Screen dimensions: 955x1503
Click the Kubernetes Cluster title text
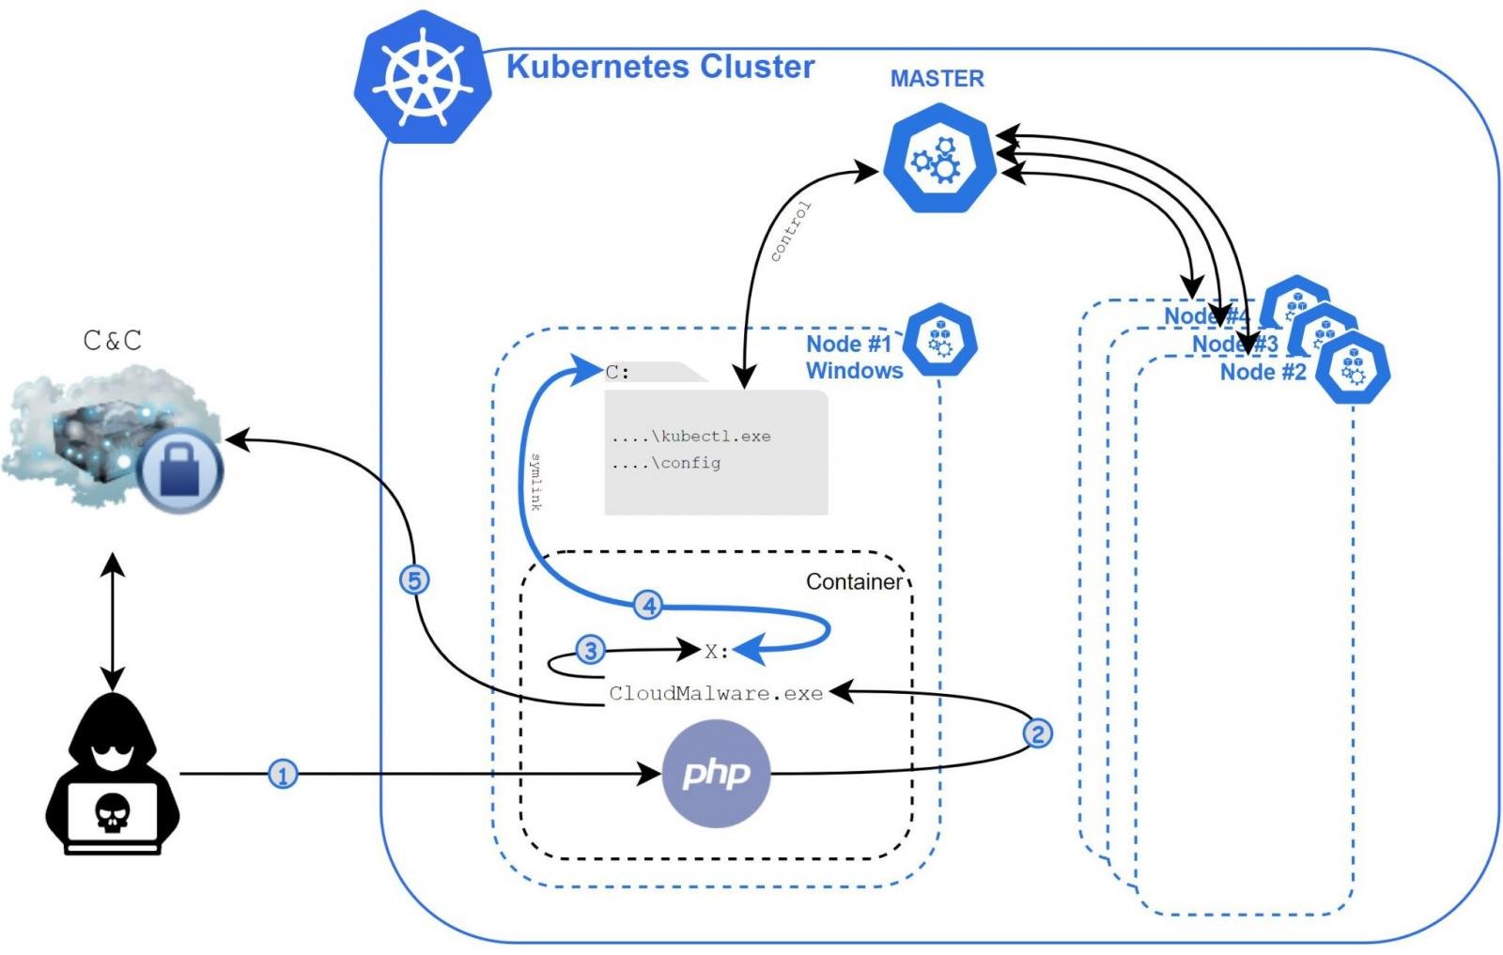click(659, 67)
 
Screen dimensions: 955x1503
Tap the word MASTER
click(937, 79)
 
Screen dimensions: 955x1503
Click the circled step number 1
click(283, 775)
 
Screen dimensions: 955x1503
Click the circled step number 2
click(1037, 732)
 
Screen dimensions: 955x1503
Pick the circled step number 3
click(590, 650)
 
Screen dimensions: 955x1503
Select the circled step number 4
click(648, 606)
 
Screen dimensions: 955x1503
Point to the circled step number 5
click(414, 579)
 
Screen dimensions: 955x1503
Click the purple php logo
click(716, 774)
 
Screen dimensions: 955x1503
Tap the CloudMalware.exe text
click(716, 694)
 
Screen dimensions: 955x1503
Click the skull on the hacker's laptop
click(112, 812)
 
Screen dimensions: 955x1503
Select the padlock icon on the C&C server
click(181, 470)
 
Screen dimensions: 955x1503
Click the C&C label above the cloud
click(113, 340)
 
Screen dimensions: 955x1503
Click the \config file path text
click(666, 463)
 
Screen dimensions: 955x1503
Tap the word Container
click(853, 582)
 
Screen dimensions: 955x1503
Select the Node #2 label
click(1263, 372)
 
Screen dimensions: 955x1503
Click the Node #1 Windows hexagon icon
click(939, 340)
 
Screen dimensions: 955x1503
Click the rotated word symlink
click(535, 482)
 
